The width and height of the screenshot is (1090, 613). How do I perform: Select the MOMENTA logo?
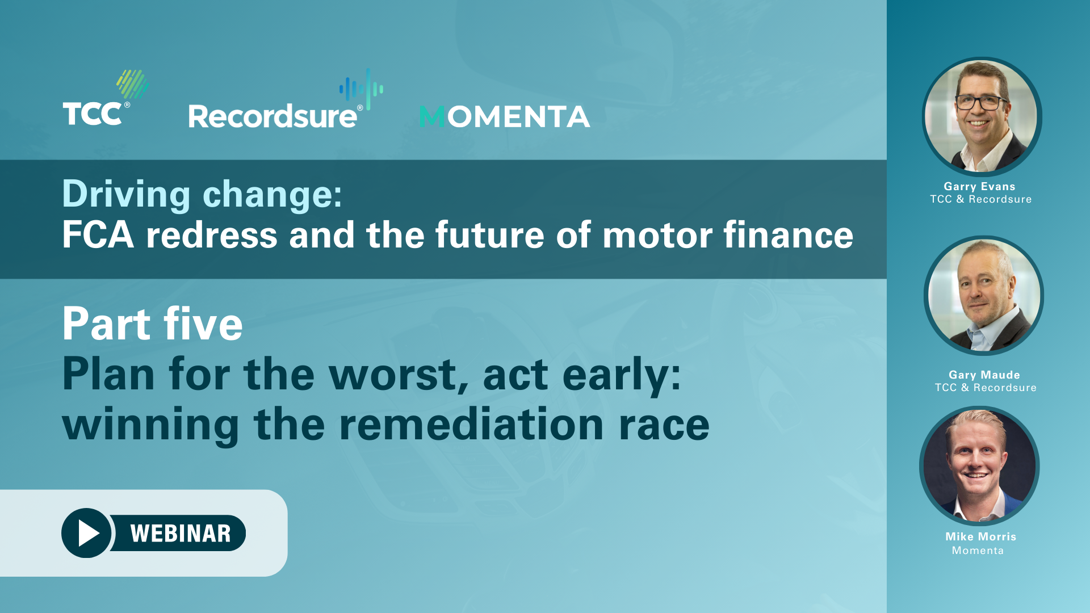(x=505, y=117)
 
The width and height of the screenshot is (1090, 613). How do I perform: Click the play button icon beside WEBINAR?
(x=86, y=533)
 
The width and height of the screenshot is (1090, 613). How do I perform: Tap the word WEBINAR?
(x=181, y=534)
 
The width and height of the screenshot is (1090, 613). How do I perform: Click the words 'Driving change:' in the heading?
(x=202, y=195)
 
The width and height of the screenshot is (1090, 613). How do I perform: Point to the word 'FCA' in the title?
(x=98, y=235)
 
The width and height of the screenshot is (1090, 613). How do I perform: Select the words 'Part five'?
(x=153, y=324)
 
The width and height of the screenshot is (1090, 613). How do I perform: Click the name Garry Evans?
(x=979, y=187)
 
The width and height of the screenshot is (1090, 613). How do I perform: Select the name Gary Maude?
(x=984, y=375)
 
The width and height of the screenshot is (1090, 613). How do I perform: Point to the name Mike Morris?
(x=980, y=537)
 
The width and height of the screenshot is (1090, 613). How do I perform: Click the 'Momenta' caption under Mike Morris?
(x=978, y=551)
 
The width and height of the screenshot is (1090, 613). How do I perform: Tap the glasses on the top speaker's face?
(x=981, y=103)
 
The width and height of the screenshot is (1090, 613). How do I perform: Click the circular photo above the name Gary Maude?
(x=984, y=295)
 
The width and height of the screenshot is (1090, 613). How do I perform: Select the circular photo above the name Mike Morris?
(x=979, y=465)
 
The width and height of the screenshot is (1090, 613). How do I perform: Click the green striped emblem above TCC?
(x=133, y=84)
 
